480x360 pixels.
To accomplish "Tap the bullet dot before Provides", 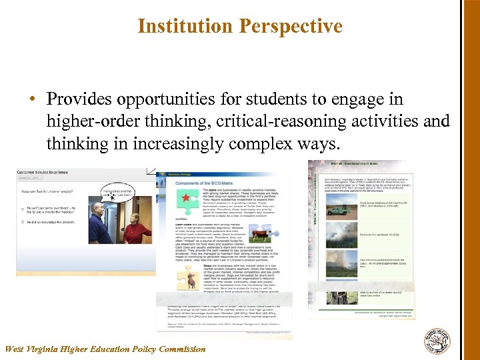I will (x=31, y=100).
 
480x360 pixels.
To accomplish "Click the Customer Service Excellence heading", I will (x=42, y=173).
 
